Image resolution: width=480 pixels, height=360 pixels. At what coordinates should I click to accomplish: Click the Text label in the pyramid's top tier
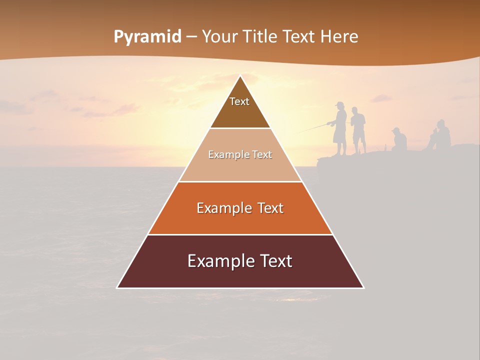tap(239, 101)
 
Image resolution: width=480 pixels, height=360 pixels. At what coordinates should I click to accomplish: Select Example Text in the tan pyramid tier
tap(240, 154)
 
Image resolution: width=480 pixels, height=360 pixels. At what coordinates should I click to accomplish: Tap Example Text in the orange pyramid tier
tap(240, 208)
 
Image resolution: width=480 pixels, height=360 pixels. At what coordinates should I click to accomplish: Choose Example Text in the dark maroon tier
tap(240, 261)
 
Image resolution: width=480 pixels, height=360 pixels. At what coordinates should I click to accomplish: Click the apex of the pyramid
tap(240, 76)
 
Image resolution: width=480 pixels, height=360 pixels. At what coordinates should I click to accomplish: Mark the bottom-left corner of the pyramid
tap(118, 287)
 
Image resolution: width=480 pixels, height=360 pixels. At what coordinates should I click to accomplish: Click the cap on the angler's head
tap(340, 104)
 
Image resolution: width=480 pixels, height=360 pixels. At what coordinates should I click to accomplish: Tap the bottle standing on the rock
tap(385, 148)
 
